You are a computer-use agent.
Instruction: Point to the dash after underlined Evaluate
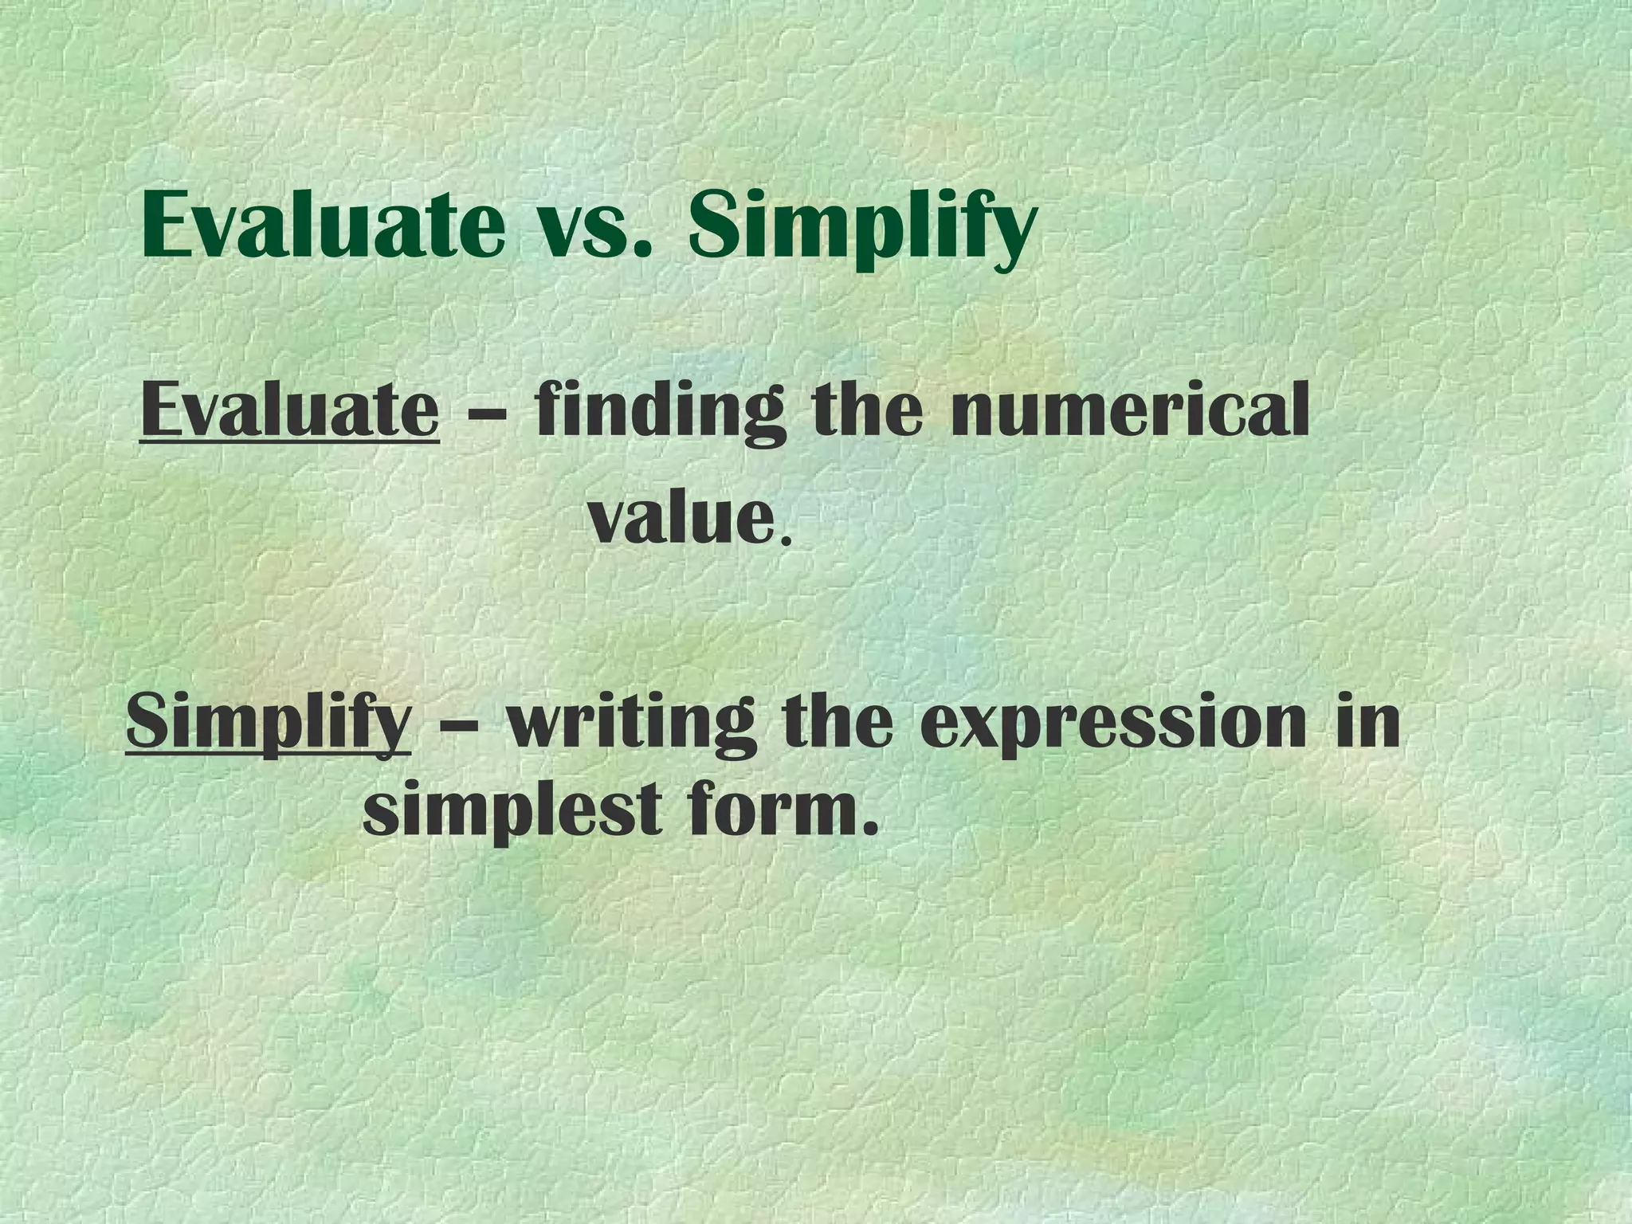tap(486, 415)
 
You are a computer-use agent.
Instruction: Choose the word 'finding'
tap(654, 413)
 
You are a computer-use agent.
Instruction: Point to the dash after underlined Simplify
tap(459, 726)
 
